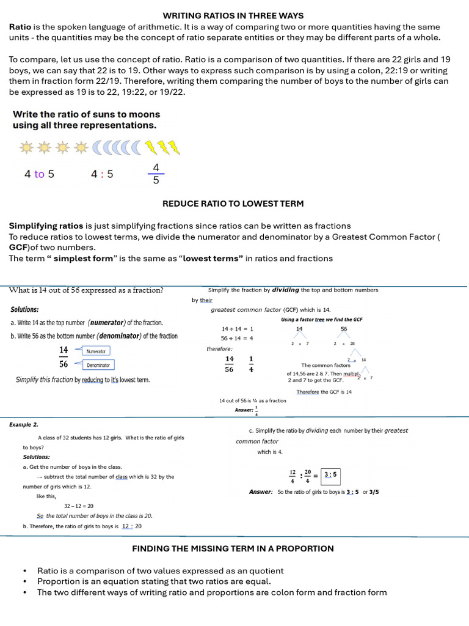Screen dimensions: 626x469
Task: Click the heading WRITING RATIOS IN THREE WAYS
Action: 233,15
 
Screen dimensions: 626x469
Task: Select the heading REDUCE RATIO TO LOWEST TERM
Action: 233,204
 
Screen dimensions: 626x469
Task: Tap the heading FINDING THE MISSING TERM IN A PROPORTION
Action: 233,548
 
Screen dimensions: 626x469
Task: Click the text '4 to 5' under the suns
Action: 39,174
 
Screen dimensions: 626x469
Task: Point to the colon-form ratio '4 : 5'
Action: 102,174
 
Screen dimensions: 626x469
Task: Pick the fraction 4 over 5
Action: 156,174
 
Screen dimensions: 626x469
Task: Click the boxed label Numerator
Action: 96,351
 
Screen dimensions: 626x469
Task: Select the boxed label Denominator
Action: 98,365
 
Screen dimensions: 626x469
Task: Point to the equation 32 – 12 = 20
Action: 79,506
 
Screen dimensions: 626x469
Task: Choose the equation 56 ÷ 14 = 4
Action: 237,338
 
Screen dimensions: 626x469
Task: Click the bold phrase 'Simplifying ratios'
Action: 46,226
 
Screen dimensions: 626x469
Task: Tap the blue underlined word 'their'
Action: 206,300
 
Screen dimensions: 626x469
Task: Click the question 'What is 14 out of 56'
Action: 85,290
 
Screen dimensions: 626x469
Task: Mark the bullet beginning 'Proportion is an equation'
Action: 154,581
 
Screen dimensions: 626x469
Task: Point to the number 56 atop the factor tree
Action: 344,328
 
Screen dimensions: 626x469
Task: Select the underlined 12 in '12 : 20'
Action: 126,526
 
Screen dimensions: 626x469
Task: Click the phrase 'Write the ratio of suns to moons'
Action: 86,114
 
